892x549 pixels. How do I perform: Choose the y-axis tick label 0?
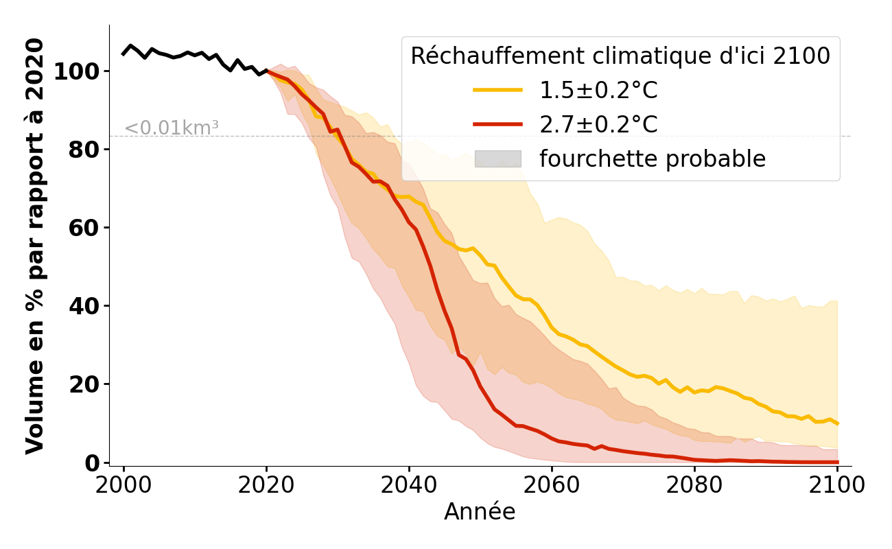[x=93, y=463]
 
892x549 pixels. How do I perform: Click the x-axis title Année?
[x=480, y=512]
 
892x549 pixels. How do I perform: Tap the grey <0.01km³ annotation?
[x=171, y=128]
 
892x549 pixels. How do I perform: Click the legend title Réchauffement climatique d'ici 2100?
[x=620, y=56]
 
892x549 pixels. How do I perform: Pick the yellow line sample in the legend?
[x=497, y=90]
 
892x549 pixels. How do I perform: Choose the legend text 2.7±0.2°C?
[x=598, y=125]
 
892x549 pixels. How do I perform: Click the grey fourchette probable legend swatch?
[x=497, y=159]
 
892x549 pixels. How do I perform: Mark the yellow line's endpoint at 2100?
[x=837, y=423]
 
